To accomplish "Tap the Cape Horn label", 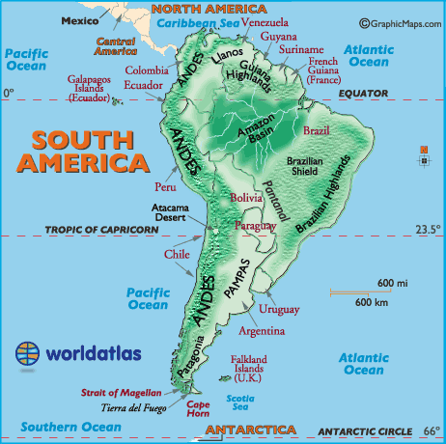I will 199,407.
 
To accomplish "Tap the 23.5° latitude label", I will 426,229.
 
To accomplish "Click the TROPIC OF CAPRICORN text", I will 101,230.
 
